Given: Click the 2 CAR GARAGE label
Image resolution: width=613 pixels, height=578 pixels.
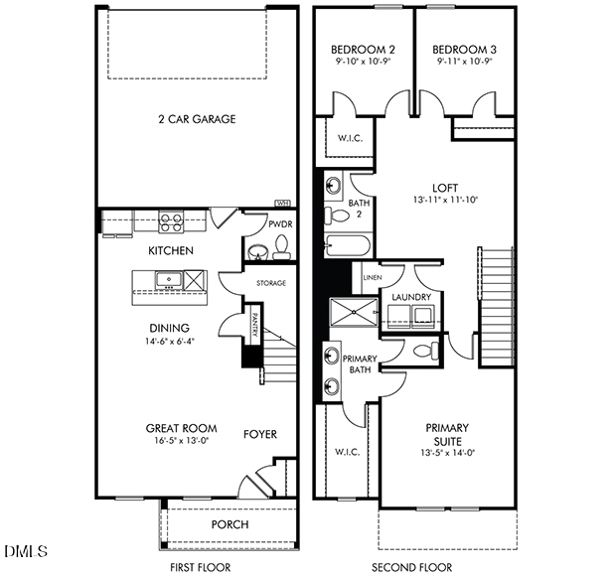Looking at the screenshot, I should (196, 120).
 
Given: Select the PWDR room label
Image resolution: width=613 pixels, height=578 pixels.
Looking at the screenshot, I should (278, 224).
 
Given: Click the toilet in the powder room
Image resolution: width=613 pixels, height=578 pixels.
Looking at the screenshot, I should (281, 244).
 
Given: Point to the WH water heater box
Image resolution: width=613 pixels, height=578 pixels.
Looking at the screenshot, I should (282, 205).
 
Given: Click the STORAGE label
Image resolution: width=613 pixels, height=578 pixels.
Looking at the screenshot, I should (270, 283).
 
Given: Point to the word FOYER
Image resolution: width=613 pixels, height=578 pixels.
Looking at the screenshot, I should (260, 434).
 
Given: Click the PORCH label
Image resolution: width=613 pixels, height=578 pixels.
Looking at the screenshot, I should (230, 524).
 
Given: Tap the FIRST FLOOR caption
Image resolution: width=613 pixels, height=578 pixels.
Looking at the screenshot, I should (200, 568).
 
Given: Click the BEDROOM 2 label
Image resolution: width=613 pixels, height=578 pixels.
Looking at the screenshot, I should (363, 49).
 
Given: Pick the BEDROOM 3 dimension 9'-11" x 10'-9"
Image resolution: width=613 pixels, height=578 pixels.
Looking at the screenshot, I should (464, 62).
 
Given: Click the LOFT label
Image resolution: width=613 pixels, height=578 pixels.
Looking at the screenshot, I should (444, 186).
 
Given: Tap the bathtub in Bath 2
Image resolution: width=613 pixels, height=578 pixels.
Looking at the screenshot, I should (347, 245).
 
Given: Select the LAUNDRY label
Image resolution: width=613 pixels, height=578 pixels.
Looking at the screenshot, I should (410, 297).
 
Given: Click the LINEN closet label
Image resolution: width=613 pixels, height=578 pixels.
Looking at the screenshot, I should (372, 277).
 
